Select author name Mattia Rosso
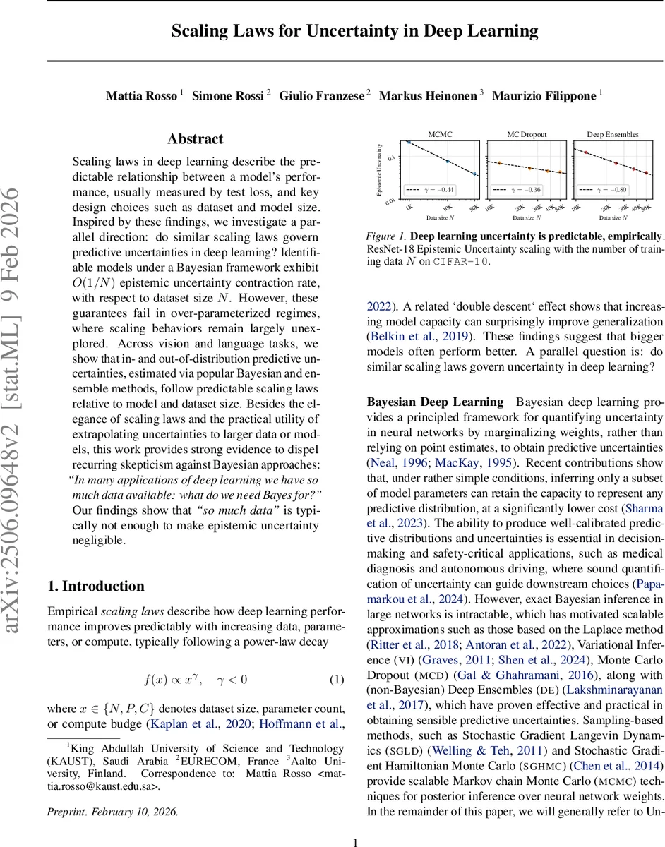coord(141,95)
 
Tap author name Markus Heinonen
coord(429,95)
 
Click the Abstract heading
coord(196,139)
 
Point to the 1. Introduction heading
coord(95,586)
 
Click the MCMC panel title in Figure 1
coord(440,133)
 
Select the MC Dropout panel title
coord(527,133)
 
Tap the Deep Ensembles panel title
coord(612,133)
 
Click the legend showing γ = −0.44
coord(431,189)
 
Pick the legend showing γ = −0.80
coord(604,189)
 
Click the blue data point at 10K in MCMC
coord(448,162)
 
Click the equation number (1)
coord(337,680)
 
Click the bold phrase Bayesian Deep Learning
coord(435,402)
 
